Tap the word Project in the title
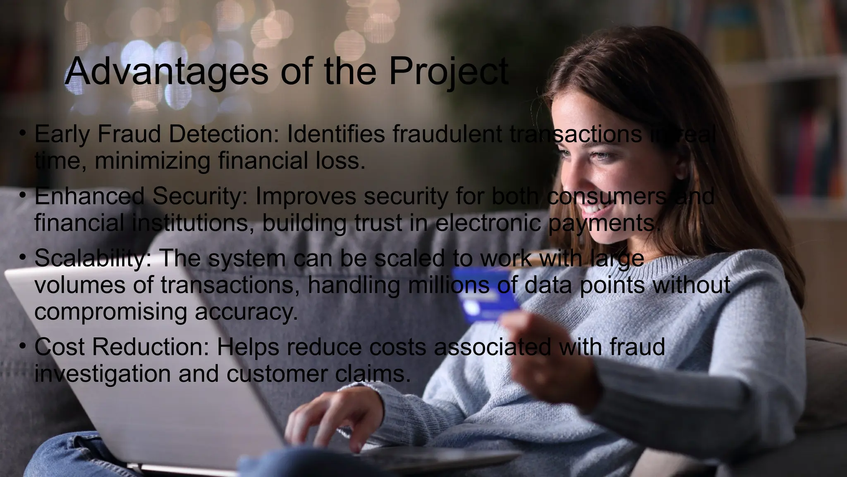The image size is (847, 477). (x=448, y=71)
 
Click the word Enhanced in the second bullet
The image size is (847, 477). (x=89, y=196)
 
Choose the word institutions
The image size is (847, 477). (x=193, y=223)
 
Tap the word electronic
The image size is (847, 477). (x=488, y=223)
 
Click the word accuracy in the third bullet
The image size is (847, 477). (x=246, y=312)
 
